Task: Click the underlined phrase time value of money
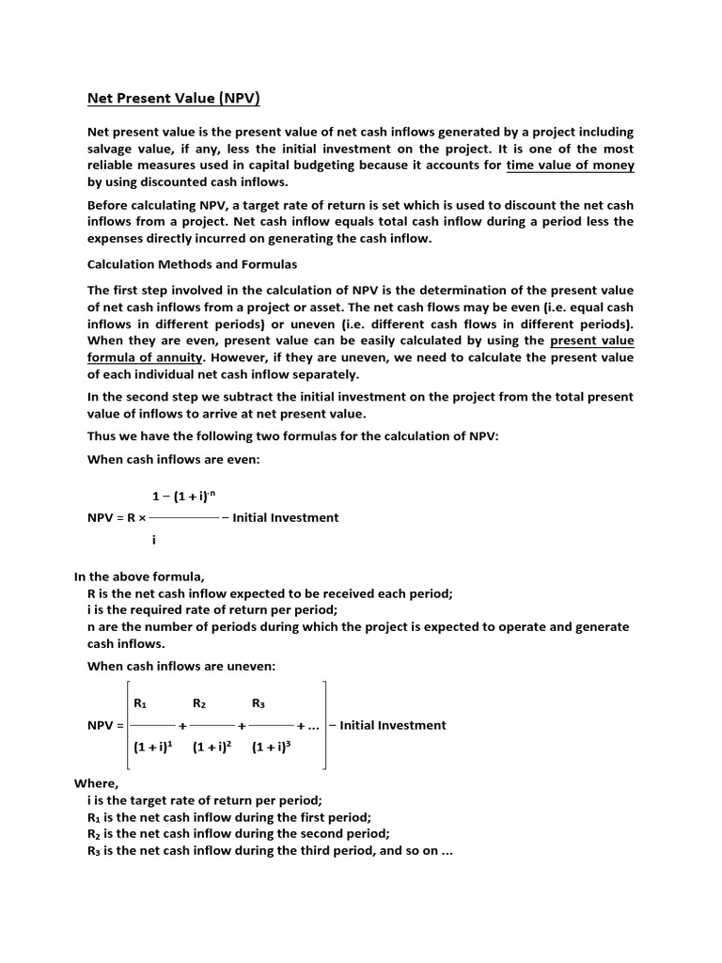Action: click(570, 166)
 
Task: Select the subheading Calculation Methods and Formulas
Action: click(192, 264)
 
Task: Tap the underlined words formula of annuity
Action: click(144, 357)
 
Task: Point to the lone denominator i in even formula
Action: click(153, 540)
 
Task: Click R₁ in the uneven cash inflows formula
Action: click(141, 703)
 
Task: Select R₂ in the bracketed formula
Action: click(199, 703)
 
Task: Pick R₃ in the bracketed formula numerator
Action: click(259, 703)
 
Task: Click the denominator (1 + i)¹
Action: click(153, 749)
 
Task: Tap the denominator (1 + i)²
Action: click(212, 749)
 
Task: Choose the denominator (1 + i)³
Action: click(272, 749)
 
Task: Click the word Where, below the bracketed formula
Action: click(97, 783)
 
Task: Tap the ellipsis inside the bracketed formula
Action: click(313, 726)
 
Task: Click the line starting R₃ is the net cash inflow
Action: click(270, 851)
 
